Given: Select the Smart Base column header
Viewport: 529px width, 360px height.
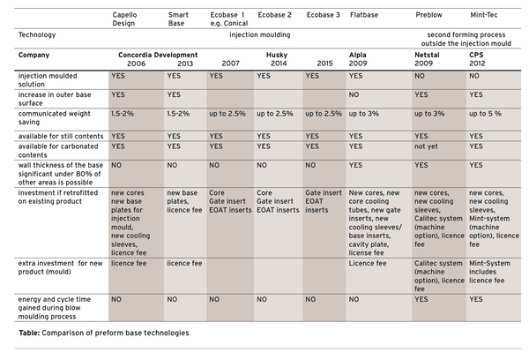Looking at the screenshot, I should coord(178,20).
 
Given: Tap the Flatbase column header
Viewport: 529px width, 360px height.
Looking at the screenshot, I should coord(364,16).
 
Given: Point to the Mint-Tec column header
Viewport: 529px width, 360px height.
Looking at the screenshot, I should coord(486,16).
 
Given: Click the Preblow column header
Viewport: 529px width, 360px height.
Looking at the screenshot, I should coord(428,16).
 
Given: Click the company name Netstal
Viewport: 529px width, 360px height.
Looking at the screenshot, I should coord(427,55).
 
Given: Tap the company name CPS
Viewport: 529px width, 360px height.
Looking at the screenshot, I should coord(476,55).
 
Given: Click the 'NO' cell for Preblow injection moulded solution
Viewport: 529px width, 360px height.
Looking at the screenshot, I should coord(421,77).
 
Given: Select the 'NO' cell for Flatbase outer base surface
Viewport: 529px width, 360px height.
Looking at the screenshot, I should coord(354,94).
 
